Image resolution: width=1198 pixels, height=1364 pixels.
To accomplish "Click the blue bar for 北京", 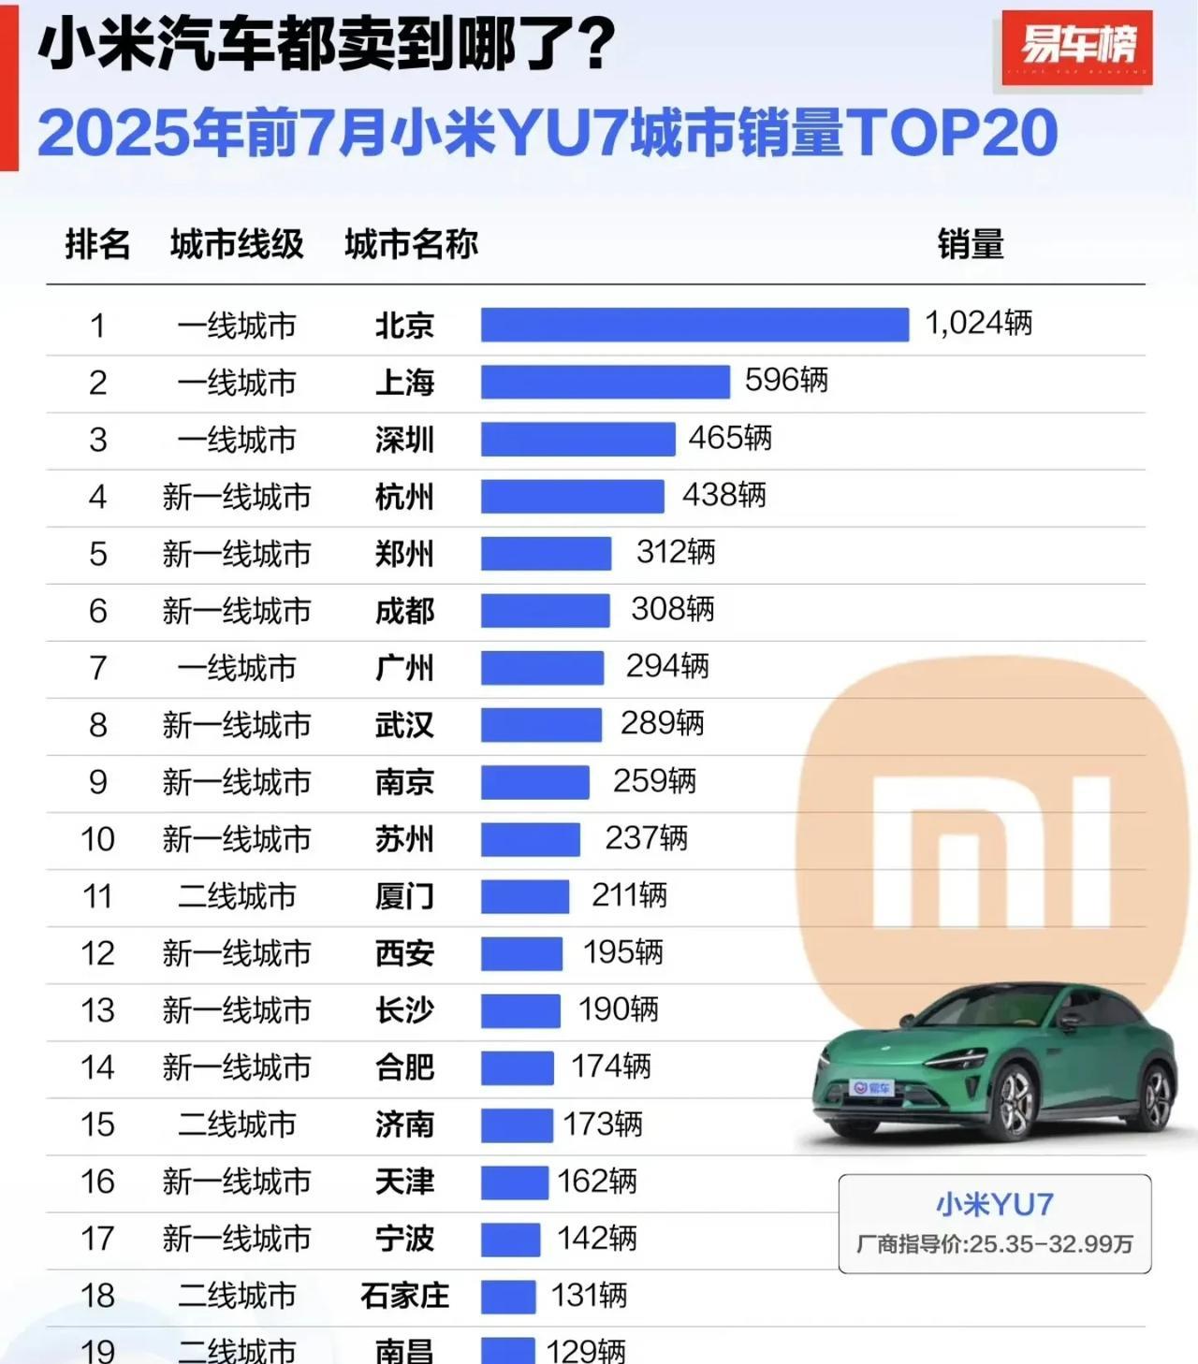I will pyautogui.click(x=694, y=325).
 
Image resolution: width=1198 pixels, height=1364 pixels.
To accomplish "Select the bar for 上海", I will pyautogui.click(x=605, y=382).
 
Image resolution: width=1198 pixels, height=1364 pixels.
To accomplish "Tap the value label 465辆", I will pyautogui.click(x=730, y=438).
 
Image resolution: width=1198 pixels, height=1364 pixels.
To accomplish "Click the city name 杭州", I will pyautogui.click(x=404, y=497).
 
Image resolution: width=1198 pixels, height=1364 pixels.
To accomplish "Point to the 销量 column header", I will pyautogui.click(x=971, y=244).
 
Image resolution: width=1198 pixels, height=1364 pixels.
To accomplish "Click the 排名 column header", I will pyautogui.click(x=97, y=244).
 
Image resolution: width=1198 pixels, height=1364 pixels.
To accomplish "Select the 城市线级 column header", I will pyautogui.click(x=237, y=244).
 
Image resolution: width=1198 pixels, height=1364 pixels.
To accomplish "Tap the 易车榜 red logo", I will pyautogui.click(x=1076, y=47).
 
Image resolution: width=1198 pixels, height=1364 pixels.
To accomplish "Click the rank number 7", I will pyautogui.click(x=98, y=668).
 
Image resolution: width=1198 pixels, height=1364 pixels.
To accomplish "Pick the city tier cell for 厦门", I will pyautogui.click(x=237, y=896).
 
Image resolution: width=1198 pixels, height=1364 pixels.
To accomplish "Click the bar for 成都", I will pyautogui.click(x=545, y=611).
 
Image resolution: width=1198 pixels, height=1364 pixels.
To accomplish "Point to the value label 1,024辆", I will pyautogui.click(x=978, y=324).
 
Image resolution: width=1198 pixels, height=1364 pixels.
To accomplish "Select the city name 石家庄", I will pyautogui.click(x=404, y=1296).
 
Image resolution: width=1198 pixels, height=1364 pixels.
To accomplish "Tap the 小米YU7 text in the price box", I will pyautogui.click(x=994, y=1204).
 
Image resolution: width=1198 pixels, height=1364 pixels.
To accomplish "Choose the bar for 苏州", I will pyautogui.click(x=531, y=839).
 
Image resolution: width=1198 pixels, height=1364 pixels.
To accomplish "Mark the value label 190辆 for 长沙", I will pyautogui.click(x=618, y=1009).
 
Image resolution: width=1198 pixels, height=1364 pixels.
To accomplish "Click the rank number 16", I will pyautogui.click(x=98, y=1182).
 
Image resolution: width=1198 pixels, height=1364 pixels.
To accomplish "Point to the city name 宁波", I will pyautogui.click(x=404, y=1239).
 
